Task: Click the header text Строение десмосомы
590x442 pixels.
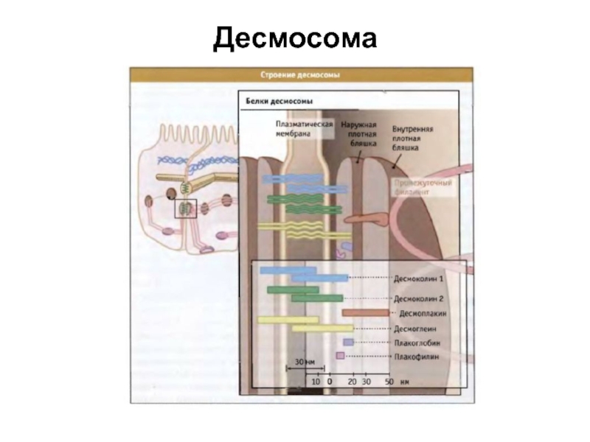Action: pos(302,74)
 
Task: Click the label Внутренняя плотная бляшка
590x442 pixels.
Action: pos(412,138)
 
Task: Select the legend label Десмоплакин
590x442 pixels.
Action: pos(423,313)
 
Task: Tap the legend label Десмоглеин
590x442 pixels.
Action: pos(417,329)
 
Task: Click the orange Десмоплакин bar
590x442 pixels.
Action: pos(364,313)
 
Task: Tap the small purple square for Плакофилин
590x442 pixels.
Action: pos(340,356)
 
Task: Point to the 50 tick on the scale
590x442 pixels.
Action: pos(389,382)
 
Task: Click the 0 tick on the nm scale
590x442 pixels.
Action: pos(330,382)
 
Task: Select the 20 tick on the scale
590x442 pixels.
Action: pos(352,382)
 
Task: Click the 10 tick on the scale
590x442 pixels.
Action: pos(316,382)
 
